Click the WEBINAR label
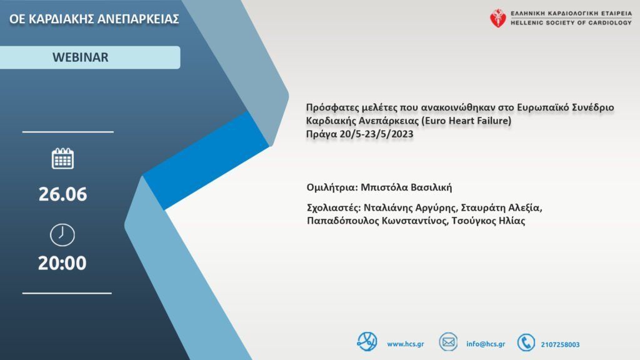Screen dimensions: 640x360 coord(81,57)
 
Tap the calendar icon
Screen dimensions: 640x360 coord(62,158)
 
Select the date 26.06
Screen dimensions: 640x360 coord(62,194)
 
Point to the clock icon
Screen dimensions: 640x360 coord(62,235)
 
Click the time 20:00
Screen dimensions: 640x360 coord(62,263)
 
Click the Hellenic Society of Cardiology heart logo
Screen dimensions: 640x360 coord(497,18)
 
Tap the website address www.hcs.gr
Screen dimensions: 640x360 coord(405,344)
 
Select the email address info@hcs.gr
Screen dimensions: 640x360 coord(486,344)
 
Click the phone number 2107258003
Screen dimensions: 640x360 coord(560,344)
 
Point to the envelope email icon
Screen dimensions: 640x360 coord(448,342)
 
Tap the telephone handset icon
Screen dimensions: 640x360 coord(526,342)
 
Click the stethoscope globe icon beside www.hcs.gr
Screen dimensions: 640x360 coord(366,342)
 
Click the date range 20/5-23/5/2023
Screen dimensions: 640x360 coord(376,134)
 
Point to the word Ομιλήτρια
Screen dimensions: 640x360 coord(332,187)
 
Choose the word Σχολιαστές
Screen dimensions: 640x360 coord(334,207)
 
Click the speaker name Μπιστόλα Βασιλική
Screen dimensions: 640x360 coord(406,187)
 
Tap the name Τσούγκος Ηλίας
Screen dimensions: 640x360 coord(488,221)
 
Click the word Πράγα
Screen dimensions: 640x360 coord(321,134)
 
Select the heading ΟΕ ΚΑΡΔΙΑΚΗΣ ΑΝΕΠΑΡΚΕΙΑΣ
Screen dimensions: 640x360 coord(94,19)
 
